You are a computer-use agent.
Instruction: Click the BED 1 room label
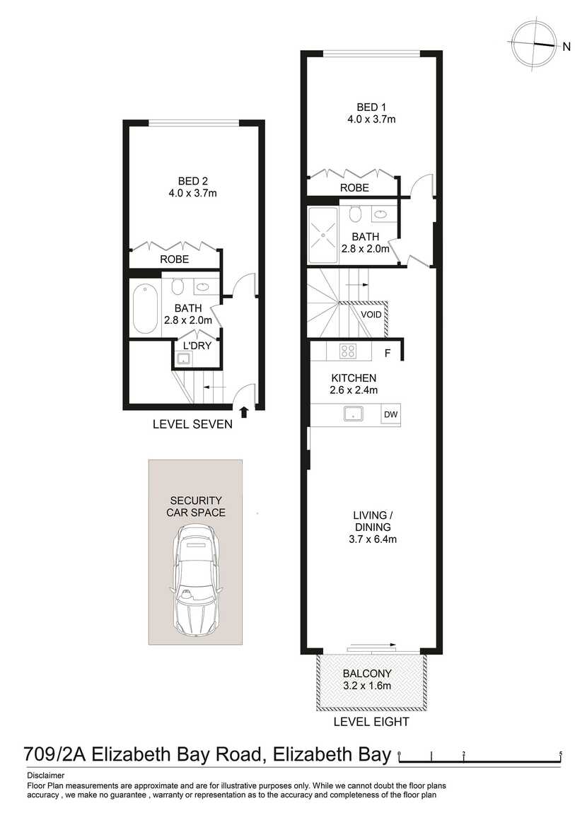pyautogui.click(x=371, y=107)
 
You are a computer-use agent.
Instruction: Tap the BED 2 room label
pyautogui.click(x=193, y=181)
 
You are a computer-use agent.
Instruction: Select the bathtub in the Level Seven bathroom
pyautogui.click(x=145, y=308)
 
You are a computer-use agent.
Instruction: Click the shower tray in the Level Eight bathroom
pyautogui.click(x=323, y=235)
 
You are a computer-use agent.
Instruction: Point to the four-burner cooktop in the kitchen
pyautogui.click(x=347, y=351)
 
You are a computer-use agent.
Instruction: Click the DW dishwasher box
pyautogui.click(x=390, y=414)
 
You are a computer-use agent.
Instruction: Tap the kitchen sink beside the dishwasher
pyautogui.click(x=354, y=414)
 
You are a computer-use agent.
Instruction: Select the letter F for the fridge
pyautogui.click(x=387, y=353)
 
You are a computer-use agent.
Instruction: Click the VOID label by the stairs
pyautogui.click(x=371, y=315)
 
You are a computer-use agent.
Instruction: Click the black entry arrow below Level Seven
pyautogui.click(x=245, y=412)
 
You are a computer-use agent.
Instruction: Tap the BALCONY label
pyautogui.click(x=367, y=674)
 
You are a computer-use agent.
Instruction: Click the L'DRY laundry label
pyautogui.click(x=197, y=345)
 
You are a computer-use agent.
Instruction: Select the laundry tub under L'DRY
pyautogui.click(x=183, y=358)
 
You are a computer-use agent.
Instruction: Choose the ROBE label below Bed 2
pyautogui.click(x=174, y=259)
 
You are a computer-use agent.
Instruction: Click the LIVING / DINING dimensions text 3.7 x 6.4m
pyautogui.click(x=373, y=539)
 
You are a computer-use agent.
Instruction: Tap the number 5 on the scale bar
pyautogui.click(x=560, y=754)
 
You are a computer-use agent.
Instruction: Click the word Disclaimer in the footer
pyautogui.click(x=46, y=776)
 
